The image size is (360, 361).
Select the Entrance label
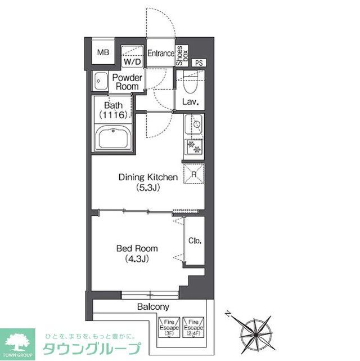pos(160,54)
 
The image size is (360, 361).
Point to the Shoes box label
pos(182,56)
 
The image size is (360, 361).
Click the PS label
pos(199,63)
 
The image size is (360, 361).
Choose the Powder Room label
pos(127,82)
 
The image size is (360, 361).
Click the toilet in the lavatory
pos(188,84)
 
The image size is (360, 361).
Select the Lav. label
pos(188,102)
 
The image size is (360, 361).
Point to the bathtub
pos(114,138)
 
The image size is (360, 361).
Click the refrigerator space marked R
pos(193,174)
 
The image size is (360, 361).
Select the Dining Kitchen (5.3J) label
pos(148,182)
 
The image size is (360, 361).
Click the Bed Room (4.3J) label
pos(137,253)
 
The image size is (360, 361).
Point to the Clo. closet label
pos(195,241)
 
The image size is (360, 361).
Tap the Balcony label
pos(153,307)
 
